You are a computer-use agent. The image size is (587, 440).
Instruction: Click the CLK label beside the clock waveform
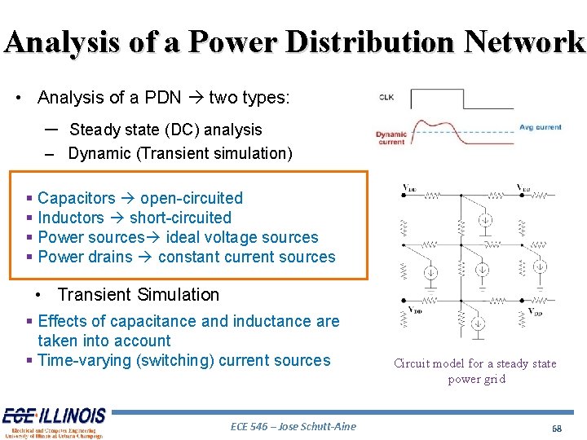[x=386, y=97]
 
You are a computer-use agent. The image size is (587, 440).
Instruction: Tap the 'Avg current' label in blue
[x=540, y=127]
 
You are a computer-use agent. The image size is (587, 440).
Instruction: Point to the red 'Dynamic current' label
[x=391, y=138]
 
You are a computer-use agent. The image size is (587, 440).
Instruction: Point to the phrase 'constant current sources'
[x=246, y=257]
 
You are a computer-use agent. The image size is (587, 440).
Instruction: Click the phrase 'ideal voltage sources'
[x=241, y=237]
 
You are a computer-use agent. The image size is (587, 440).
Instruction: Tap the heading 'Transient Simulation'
[x=139, y=295]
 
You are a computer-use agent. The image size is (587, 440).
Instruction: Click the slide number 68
[x=557, y=428]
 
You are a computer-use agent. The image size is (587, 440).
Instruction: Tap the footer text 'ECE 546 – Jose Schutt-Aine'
[x=293, y=426]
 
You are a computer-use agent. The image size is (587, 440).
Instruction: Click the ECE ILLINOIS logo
[x=53, y=422]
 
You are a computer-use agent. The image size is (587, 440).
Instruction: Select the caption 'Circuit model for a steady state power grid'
[x=475, y=371]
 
